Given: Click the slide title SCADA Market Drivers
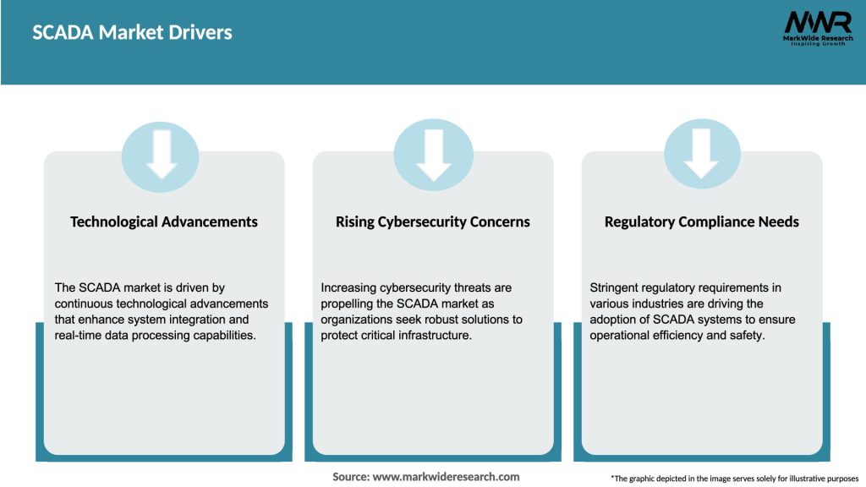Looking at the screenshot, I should tap(132, 33).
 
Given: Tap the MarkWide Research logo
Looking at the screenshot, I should tap(817, 28).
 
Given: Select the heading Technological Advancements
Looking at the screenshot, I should tap(164, 222).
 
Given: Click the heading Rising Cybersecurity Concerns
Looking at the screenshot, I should tap(433, 222).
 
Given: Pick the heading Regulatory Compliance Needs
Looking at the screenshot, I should tap(702, 222).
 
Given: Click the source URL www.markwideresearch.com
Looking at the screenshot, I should tap(446, 477).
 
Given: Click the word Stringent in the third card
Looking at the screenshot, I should tap(615, 288).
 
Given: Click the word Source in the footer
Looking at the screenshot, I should tap(350, 477).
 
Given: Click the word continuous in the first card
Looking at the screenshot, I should tap(83, 304).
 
